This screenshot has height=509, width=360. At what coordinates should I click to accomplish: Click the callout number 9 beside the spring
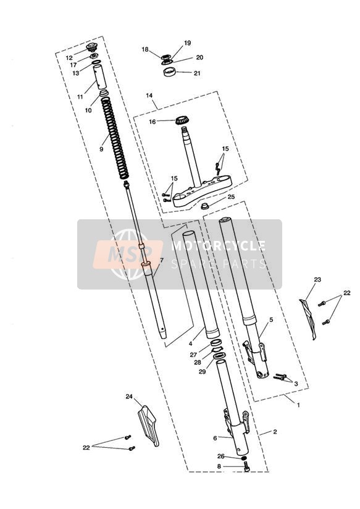(x=101, y=149)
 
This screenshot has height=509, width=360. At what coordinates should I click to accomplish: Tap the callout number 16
(x=153, y=122)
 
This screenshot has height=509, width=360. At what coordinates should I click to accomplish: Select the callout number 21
(x=197, y=73)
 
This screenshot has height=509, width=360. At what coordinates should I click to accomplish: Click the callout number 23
(x=317, y=279)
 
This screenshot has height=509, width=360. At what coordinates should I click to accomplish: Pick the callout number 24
(x=129, y=397)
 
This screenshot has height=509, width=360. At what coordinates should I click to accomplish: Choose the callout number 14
(x=149, y=95)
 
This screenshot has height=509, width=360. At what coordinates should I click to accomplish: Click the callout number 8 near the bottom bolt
(x=219, y=466)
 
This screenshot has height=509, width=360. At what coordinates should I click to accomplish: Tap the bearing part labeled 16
(x=182, y=120)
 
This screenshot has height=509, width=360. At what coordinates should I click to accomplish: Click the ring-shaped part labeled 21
(x=169, y=72)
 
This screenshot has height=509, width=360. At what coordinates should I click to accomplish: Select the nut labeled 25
(x=204, y=206)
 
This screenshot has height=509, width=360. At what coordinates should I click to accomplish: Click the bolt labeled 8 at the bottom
(x=247, y=468)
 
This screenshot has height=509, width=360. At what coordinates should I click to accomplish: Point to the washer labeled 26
(x=244, y=458)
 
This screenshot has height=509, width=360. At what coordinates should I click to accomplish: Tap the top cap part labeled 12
(x=92, y=48)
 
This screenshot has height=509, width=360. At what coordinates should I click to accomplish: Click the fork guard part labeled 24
(x=148, y=426)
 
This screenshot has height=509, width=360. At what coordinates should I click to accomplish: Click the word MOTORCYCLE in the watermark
(x=218, y=245)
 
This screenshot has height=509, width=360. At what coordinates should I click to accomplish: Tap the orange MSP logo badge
(x=128, y=254)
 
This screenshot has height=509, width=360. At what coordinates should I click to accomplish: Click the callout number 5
(x=271, y=320)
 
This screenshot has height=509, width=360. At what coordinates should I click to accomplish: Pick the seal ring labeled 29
(x=219, y=356)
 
